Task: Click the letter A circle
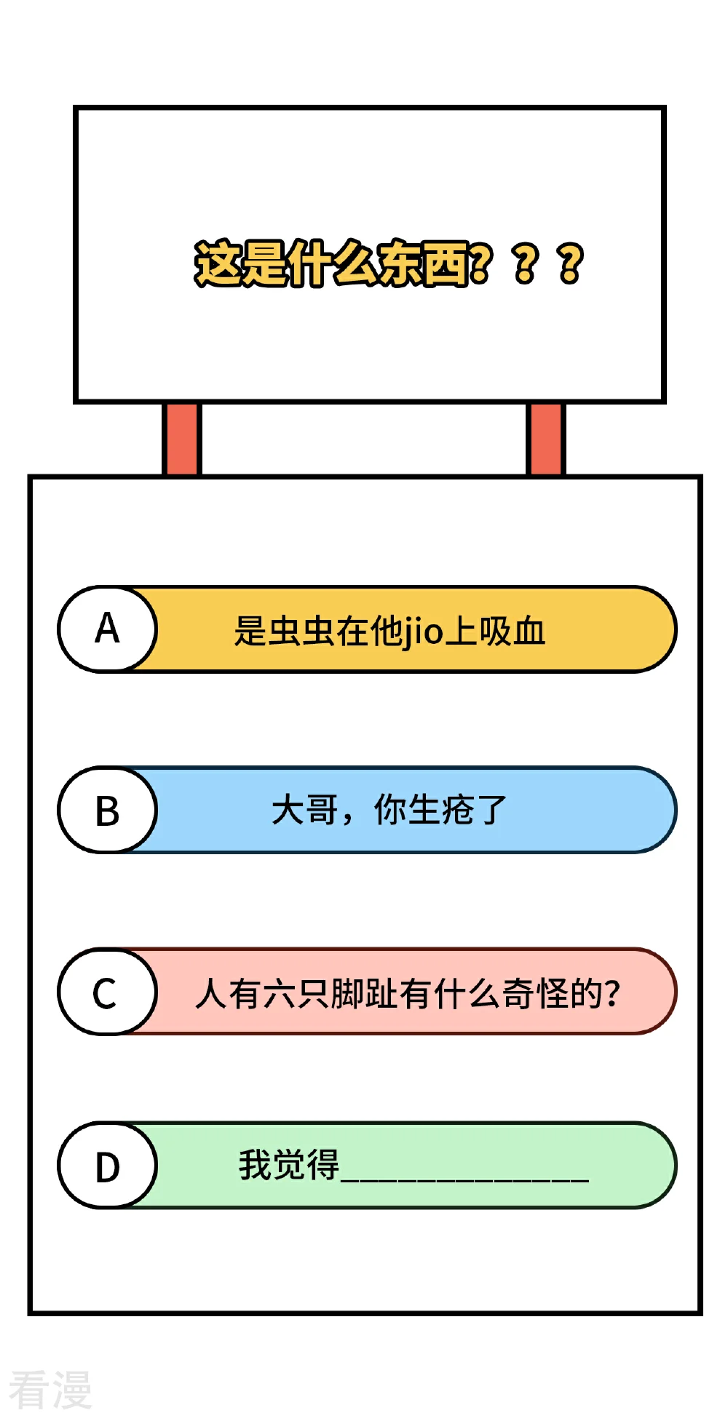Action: coord(107,629)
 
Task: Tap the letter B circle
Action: coord(107,810)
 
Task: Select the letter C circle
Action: coord(107,992)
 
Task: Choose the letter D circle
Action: coord(107,1166)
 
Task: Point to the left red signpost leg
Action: coord(181,439)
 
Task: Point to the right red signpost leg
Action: coord(545,439)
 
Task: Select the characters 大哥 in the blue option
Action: coord(305,810)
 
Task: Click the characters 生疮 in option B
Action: coord(440,810)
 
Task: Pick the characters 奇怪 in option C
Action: coord(534,994)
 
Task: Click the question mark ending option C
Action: coord(612,994)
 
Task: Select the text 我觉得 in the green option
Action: coord(289,1165)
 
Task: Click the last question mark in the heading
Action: coord(571,263)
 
